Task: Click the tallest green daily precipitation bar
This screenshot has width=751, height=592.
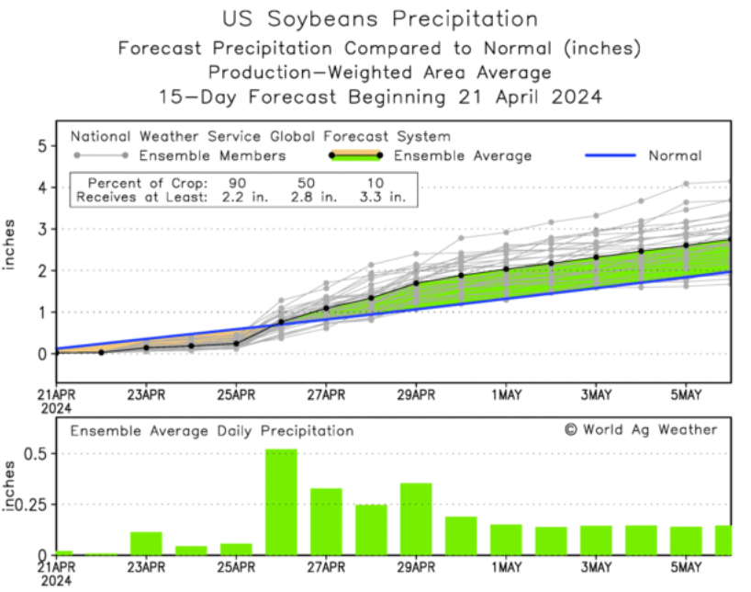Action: [x=281, y=502]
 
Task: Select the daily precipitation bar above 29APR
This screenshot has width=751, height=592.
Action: [x=416, y=518]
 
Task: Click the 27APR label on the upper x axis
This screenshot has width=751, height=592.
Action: [x=326, y=394]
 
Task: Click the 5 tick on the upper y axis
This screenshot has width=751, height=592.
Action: [x=42, y=145]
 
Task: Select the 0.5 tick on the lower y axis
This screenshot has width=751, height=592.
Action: [x=34, y=453]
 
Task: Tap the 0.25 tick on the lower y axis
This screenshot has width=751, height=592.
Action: [x=28, y=504]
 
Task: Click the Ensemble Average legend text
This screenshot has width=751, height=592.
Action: [x=463, y=155]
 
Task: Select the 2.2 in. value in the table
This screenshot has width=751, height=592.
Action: [x=243, y=197]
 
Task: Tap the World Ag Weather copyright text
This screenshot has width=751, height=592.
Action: [x=641, y=429]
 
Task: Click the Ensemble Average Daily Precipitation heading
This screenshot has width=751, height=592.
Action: [x=212, y=430]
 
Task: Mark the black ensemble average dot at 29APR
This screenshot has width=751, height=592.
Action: [x=416, y=283]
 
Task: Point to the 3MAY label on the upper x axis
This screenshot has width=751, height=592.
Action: [x=596, y=394]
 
